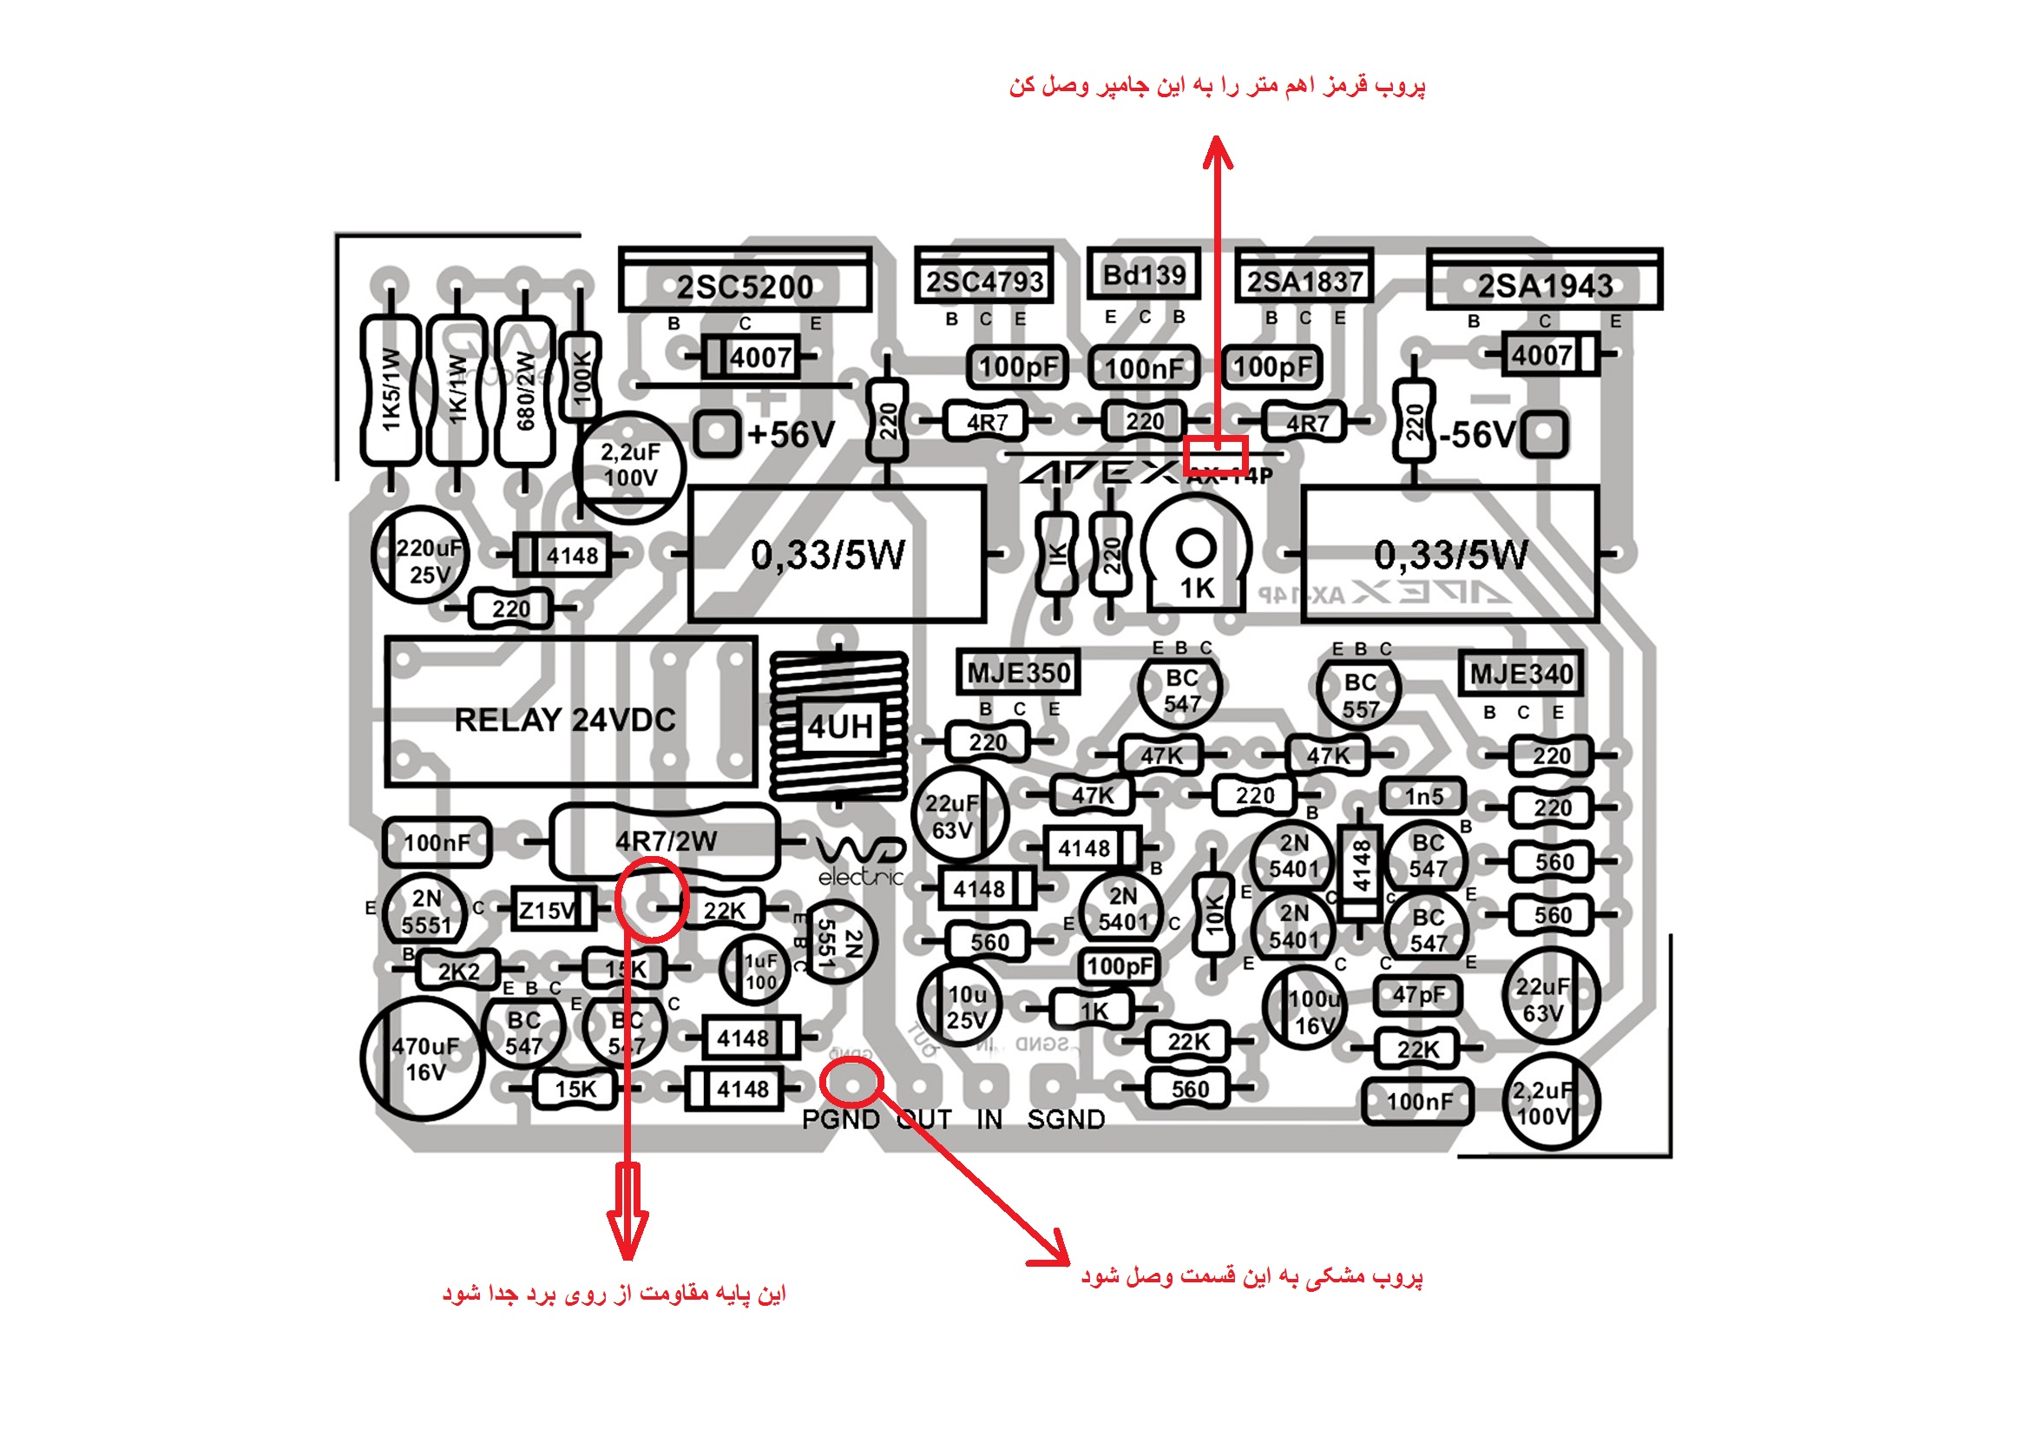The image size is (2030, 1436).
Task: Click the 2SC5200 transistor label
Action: click(745, 287)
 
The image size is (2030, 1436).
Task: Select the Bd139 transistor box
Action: click(1143, 275)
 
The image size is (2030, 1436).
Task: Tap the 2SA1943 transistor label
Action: click(1545, 286)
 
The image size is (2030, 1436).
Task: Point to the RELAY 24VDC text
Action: click(565, 720)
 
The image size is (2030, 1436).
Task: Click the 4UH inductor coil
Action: click(839, 727)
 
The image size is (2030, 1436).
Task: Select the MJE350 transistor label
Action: click(1019, 673)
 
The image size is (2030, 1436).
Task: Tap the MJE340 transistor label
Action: click(1521, 675)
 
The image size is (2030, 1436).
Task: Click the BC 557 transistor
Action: click(1359, 695)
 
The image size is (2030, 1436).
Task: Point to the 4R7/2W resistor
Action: click(665, 840)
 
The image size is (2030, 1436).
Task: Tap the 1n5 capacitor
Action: click(1423, 797)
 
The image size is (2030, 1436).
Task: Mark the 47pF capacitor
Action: click(1418, 995)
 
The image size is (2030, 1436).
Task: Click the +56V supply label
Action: click(791, 435)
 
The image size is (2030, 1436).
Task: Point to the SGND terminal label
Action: click(1066, 1119)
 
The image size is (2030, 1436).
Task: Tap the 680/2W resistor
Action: click(525, 391)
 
